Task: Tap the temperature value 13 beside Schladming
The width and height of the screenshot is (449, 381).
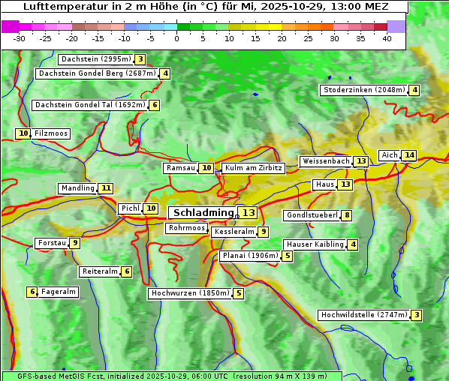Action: click(249, 213)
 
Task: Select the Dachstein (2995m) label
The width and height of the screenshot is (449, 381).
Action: click(95, 59)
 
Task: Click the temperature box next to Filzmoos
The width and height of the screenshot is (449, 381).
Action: click(23, 133)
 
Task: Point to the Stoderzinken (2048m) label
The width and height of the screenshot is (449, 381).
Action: click(363, 90)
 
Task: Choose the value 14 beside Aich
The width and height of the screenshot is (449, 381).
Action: click(408, 155)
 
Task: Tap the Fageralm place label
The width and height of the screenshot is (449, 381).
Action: click(59, 292)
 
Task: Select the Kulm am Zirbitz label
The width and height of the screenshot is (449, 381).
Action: click(253, 168)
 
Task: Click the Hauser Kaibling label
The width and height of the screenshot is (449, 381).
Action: click(315, 244)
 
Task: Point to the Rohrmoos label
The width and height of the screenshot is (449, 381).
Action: click(185, 228)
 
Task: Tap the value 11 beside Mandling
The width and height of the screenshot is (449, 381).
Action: click(106, 188)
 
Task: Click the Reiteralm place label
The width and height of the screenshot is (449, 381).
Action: click(99, 271)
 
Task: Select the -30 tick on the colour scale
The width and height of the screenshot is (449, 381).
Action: click(20, 38)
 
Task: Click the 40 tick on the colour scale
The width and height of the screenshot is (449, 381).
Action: click(387, 38)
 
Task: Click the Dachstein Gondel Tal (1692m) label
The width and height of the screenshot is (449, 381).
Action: click(89, 105)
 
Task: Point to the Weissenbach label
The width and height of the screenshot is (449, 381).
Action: click(325, 161)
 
